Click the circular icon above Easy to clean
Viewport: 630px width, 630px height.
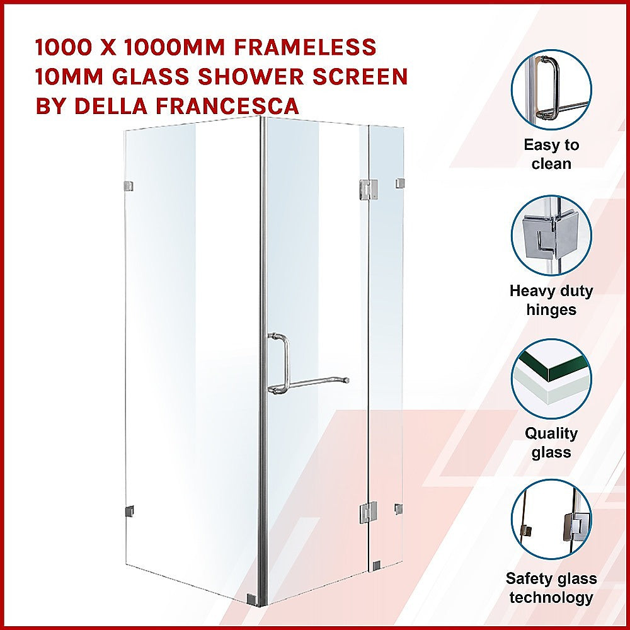coord(551,89)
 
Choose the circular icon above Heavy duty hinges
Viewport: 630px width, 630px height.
coord(551,234)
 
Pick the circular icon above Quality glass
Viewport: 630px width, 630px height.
coord(551,379)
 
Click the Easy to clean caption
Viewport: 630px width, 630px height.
coord(551,154)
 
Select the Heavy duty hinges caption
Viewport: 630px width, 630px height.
coord(551,300)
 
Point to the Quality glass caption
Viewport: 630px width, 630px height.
coord(551,443)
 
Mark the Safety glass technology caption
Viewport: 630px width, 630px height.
coord(551,588)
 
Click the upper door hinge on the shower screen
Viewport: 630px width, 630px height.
coord(368,188)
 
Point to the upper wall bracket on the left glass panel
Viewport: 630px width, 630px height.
coord(129,186)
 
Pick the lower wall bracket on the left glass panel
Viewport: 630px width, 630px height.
coord(129,512)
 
